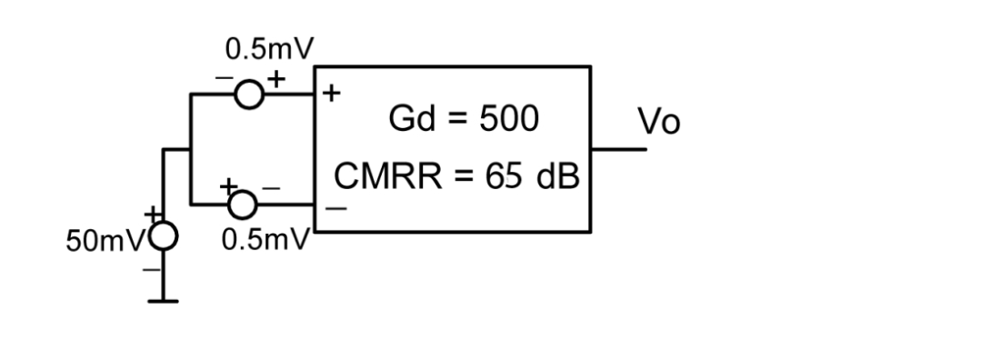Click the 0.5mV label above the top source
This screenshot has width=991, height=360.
coord(264,47)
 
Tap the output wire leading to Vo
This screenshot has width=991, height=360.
coord(618,147)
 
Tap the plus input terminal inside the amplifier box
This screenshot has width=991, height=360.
coord(331,93)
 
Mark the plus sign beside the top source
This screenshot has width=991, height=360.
coord(275,79)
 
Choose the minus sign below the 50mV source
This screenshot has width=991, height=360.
coord(155,269)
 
